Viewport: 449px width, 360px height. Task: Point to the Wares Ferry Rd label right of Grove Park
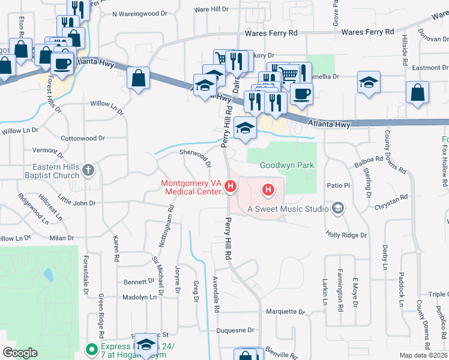pyautogui.click(x=368, y=31)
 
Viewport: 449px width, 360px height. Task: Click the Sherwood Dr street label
pyautogui.click(x=195, y=157)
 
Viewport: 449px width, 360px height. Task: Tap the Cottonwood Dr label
pyautogui.click(x=83, y=138)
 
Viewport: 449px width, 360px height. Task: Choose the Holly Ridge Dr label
pyautogui.click(x=346, y=235)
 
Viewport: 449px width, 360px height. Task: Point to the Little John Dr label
pyautogui.click(x=77, y=200)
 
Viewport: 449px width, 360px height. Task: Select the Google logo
pyautogui.click(x=20, y=353)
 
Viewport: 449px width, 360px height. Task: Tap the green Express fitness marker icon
pyautogui.click(x=91, y=349)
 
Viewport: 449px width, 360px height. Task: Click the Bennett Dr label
pyautogui.click(x=139, y=281)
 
